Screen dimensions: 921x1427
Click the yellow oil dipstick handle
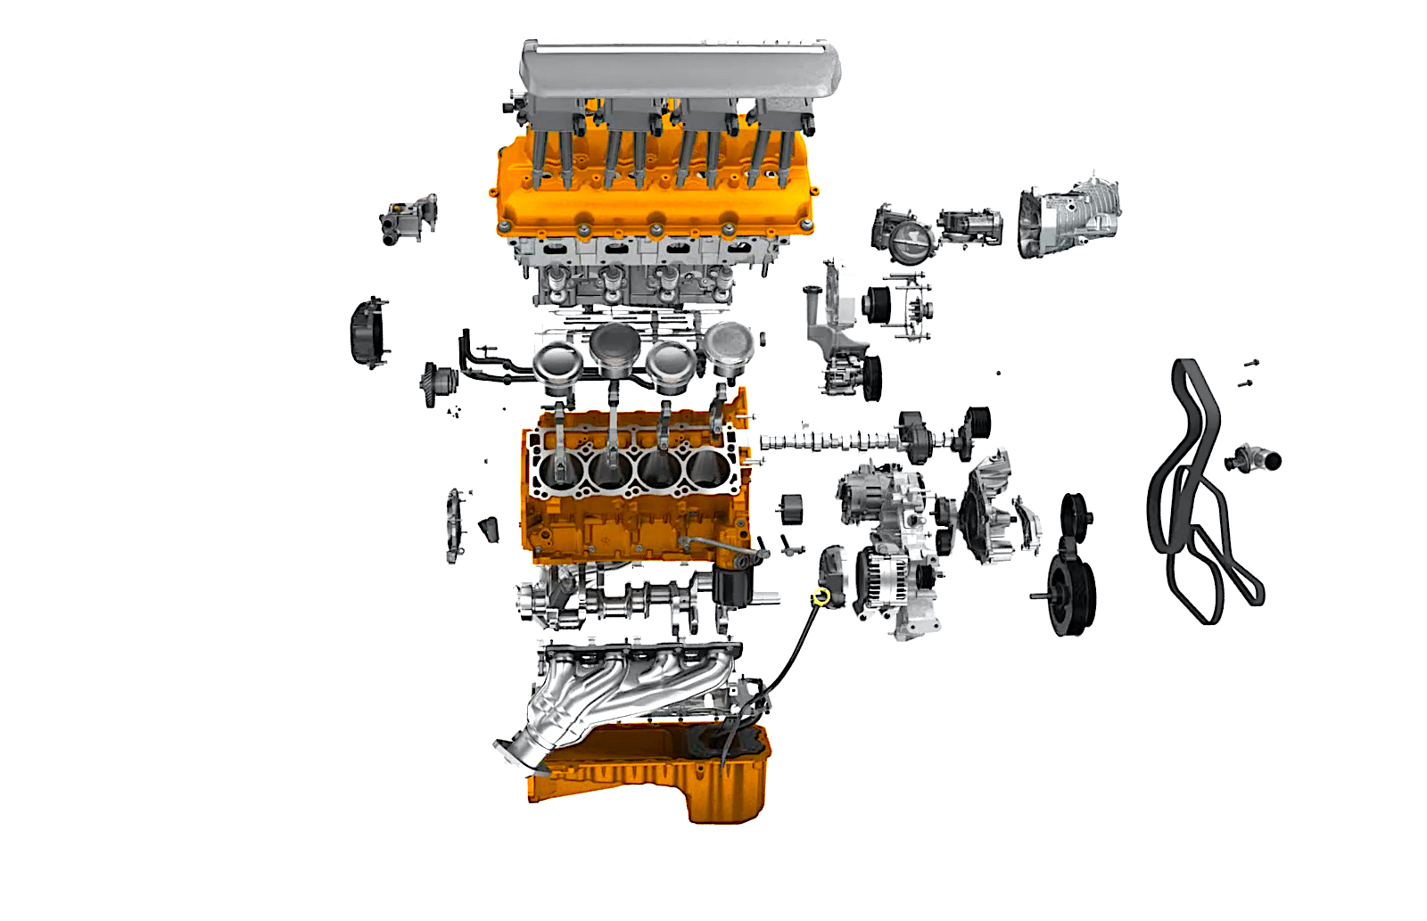822,596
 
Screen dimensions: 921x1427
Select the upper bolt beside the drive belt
1250,363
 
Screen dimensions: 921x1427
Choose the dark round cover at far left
367,333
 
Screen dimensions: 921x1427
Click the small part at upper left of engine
408,218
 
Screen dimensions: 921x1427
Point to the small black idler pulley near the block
791,509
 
